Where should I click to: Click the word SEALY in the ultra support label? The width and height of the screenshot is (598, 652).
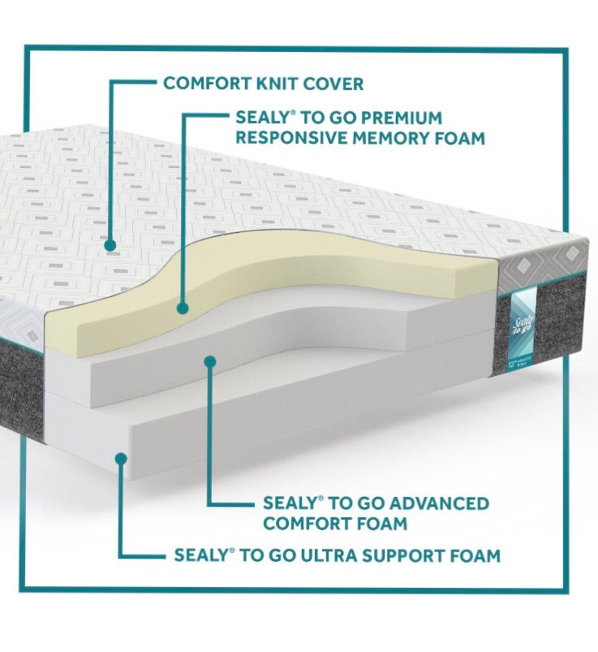point(200,556)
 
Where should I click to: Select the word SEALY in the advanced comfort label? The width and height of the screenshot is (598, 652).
point(290,503)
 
